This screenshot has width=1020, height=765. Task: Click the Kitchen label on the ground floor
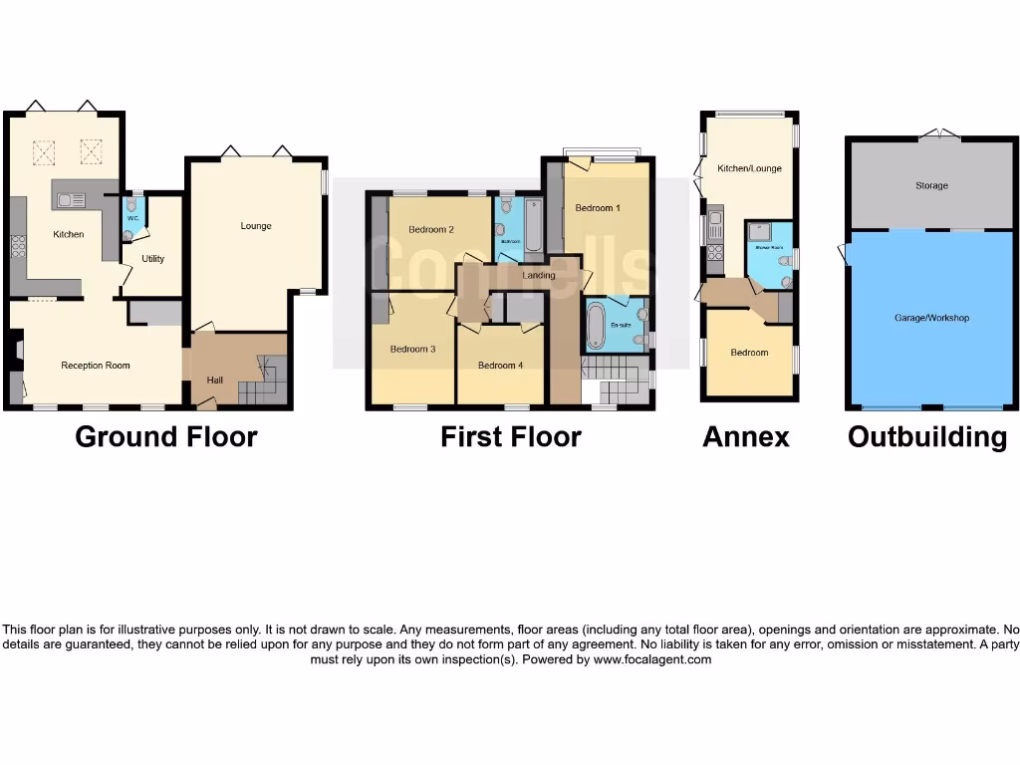click(69, 234)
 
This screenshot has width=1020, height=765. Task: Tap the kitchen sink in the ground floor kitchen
click(71, 200)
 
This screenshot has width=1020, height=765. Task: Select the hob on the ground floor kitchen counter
click(17, 245)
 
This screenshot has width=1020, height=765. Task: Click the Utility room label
click(152, 259)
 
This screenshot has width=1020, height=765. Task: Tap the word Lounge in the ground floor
click(256, 226)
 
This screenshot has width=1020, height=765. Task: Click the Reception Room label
click(96, 366)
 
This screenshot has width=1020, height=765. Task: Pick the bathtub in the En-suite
click(597, 325)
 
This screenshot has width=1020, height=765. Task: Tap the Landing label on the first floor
click(538, 275)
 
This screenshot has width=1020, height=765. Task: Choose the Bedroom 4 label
click(500, 366)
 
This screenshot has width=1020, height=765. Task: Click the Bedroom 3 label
click(412, 349)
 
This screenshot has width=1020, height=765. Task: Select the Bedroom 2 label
click(431, 229)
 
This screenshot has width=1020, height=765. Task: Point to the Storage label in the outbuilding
click(932, 185)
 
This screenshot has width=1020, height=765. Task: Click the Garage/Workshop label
click(932, 318)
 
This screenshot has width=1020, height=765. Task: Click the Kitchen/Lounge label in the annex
click(749, 168)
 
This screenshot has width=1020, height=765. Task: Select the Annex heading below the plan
click(745, 436)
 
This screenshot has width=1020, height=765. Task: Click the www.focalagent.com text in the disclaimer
click(652, 659)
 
